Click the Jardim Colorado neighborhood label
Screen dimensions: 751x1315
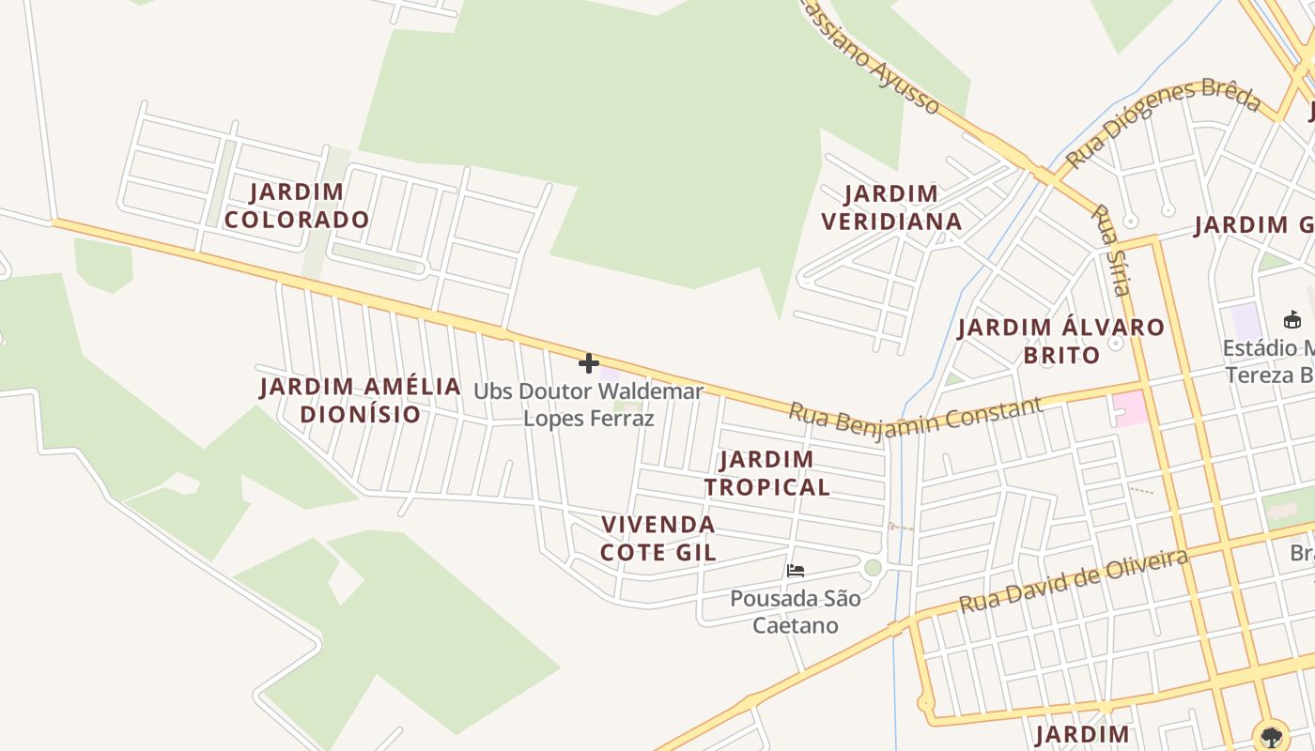297,206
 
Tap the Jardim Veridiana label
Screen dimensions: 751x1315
891,207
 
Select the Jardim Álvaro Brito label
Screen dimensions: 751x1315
1061,341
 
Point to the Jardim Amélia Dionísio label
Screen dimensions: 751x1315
360,400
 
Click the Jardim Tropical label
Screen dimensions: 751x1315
767,473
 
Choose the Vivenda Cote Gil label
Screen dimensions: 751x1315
658,538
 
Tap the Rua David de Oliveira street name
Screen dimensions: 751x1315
1074,581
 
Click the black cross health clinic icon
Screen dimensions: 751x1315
589,363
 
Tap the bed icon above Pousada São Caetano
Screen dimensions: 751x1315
796,570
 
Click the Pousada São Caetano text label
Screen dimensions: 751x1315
796,611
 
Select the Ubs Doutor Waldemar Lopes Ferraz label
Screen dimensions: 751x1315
588,404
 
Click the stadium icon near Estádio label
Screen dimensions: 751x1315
1292,319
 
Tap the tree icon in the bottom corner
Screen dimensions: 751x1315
1272,735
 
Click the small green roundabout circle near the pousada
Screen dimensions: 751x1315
874,567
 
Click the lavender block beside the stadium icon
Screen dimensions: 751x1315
1245,322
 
